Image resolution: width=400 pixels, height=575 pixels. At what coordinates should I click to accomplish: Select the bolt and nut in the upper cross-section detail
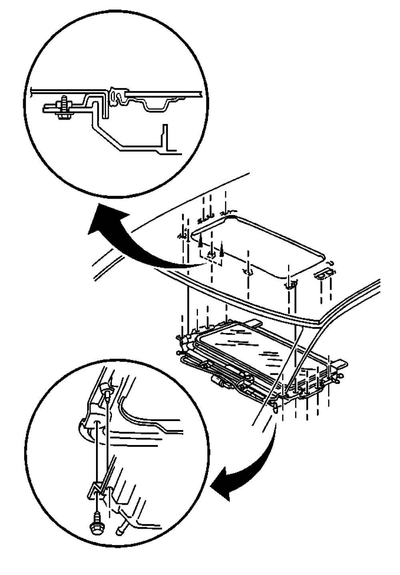pos(63,107)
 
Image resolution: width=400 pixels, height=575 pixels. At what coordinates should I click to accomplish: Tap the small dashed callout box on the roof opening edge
pos(210,256)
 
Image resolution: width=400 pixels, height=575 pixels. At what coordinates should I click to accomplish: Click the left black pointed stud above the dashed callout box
pos(200,240)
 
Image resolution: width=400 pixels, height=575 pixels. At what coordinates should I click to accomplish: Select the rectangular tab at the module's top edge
pos(253,322)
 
